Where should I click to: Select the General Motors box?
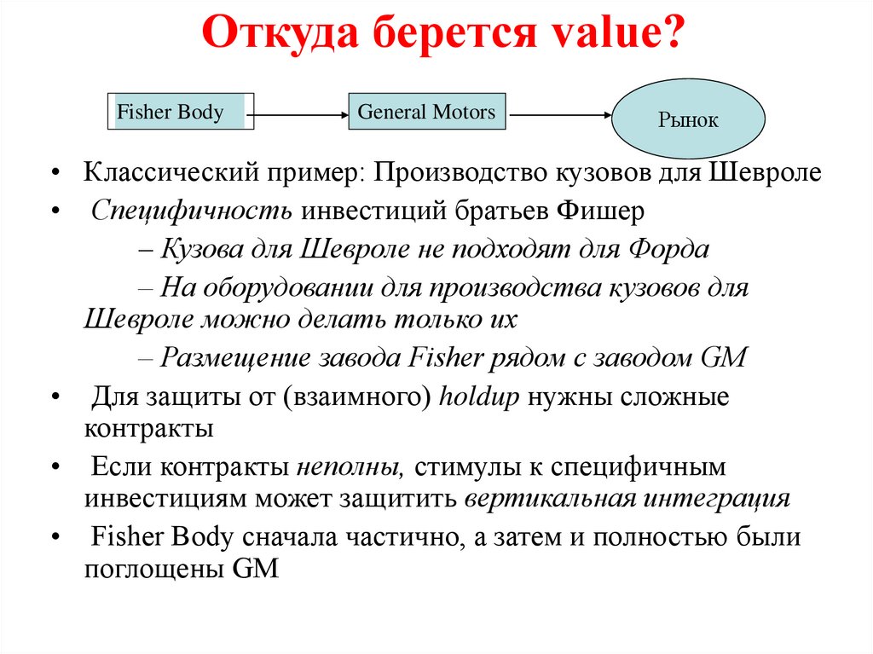[426, 113]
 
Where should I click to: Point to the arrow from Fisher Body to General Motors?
[302, 113]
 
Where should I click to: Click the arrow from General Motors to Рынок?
[558, 113]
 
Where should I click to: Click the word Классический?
[159, 172]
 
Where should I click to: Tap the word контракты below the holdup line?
[147, 428]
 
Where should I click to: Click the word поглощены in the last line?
[154, 569]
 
